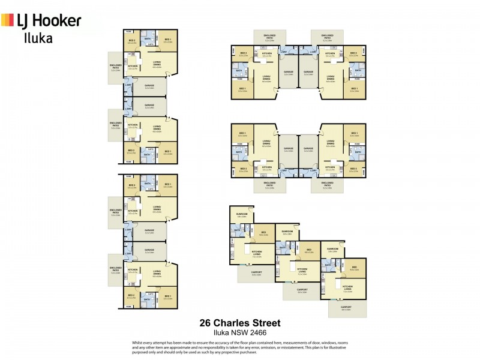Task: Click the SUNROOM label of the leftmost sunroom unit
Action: click(242, 214)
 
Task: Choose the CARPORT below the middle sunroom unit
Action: click(302, 291)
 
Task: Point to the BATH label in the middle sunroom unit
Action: click(282, 247)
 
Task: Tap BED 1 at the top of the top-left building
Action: click(168, 41)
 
